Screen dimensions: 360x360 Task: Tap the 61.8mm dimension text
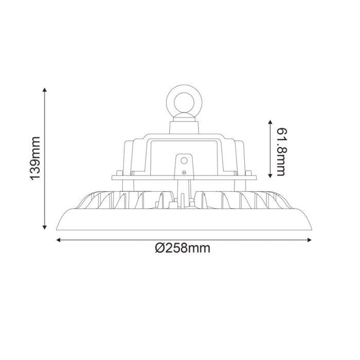coord(280,149)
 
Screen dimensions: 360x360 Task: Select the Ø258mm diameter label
coord(183,249)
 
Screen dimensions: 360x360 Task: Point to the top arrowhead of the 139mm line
coord(45,90)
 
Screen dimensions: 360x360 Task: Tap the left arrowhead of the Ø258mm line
coord(58,239)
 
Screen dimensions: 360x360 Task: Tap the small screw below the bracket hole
coord(183,172)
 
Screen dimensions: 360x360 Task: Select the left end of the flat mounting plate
coord(113,178)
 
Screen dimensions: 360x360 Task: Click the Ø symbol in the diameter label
coord(159,249)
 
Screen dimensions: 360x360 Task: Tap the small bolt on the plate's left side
coord(119,174)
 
